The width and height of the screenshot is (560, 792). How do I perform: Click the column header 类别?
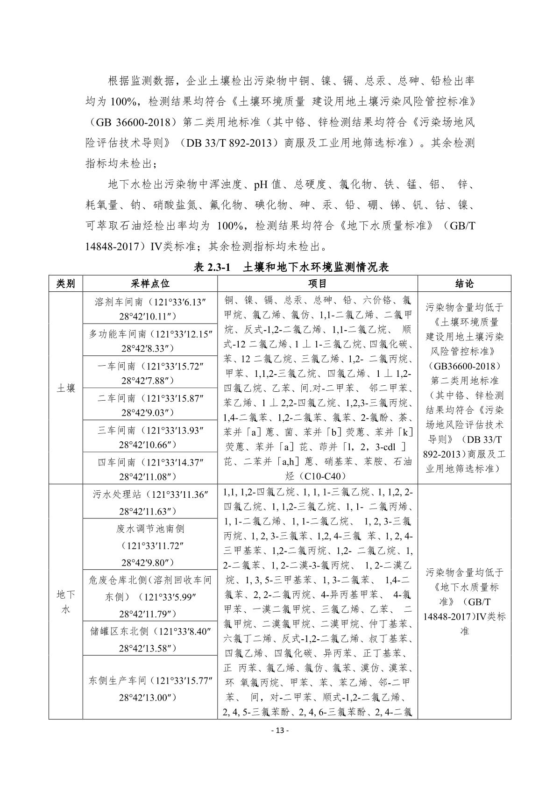pyautogui.click(x=65, y=284)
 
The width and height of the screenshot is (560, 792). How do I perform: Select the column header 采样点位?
pyautogui.click(x=150, y=284)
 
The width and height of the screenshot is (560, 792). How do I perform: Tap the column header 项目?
pyautogui.click(x=318, y=284)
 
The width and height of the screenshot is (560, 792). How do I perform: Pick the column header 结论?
pyautogui.click(x=464, y=284)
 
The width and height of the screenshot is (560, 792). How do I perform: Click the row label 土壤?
pyautogui.click(x=65, y=388)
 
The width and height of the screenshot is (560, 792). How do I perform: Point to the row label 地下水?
pyautogui.click(x=65, y=602)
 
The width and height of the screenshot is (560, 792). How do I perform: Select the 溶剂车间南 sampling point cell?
pyautogui.click(x=150, y=308)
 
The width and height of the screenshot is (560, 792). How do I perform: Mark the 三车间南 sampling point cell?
pyautogui.click(x=150, y=437)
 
